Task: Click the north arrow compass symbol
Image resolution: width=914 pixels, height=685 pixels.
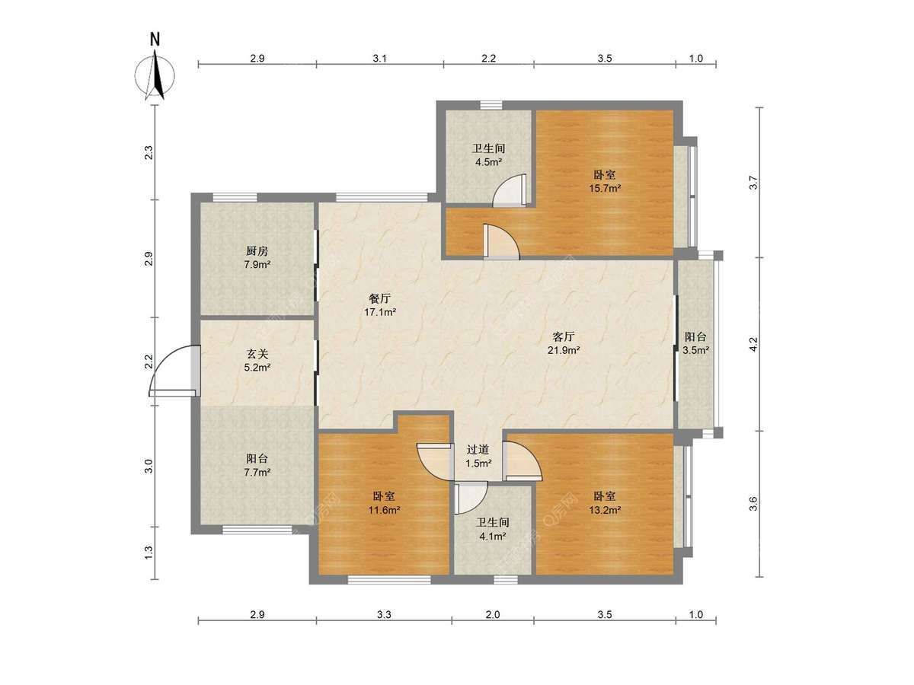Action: coord(155,68)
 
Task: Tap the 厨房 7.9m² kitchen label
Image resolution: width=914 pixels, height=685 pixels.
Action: coord(257,257)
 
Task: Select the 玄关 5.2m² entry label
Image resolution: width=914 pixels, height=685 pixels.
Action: coord(257,361)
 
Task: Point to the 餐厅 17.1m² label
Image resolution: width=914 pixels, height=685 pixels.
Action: coord(380,305)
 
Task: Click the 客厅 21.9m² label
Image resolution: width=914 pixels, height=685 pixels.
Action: coord(564,342)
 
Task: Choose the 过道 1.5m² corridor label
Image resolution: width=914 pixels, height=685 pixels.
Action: coord(478,456)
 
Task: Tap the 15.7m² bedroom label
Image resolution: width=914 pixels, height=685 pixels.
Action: coord(605,181)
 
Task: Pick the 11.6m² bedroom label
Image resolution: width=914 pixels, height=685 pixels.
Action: coord(384,502)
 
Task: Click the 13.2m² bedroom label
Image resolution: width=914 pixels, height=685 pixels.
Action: coord(605,502)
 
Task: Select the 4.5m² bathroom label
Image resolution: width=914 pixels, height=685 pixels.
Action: coord(488,155)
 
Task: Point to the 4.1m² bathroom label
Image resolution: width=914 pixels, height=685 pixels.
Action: coord(493,529)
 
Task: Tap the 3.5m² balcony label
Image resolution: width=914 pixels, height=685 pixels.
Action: coord(696,343)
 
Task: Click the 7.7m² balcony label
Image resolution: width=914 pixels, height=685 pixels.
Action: coord(257,465)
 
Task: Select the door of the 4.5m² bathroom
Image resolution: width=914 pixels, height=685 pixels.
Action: coord(510,190)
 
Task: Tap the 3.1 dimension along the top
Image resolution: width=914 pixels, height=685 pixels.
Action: coord(380,59)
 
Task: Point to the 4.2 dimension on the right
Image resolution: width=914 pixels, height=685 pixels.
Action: coord(753,344)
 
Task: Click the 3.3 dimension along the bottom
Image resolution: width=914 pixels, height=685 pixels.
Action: coord(384,614)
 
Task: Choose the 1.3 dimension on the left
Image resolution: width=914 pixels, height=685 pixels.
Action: coord(149,552)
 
